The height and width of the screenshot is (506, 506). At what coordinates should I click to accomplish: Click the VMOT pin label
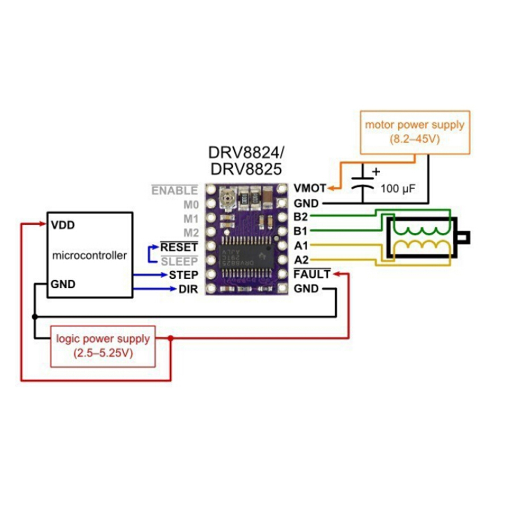[310, 189]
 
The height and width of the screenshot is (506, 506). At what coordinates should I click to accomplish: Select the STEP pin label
[183, 275]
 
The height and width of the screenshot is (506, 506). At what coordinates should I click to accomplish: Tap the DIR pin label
[188, 290]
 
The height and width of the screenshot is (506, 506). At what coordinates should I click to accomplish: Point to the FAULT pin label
[312, 275]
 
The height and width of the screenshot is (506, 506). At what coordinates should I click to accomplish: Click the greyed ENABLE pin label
[175, 191]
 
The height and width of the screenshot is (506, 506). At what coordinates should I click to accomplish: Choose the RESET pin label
[179, 247]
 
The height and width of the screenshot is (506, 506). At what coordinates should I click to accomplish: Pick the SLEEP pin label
[179, 261]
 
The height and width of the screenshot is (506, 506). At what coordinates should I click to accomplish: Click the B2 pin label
[301, 217]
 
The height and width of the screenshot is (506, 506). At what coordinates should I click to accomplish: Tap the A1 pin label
[301, 245]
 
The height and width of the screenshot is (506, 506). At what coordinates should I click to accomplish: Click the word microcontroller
[89, 256]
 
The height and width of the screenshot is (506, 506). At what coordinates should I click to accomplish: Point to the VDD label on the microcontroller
[63, 225]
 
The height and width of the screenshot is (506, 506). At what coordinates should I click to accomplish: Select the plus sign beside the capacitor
[375, 171]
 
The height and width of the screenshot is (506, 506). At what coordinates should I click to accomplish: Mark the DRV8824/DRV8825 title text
[246, 160]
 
